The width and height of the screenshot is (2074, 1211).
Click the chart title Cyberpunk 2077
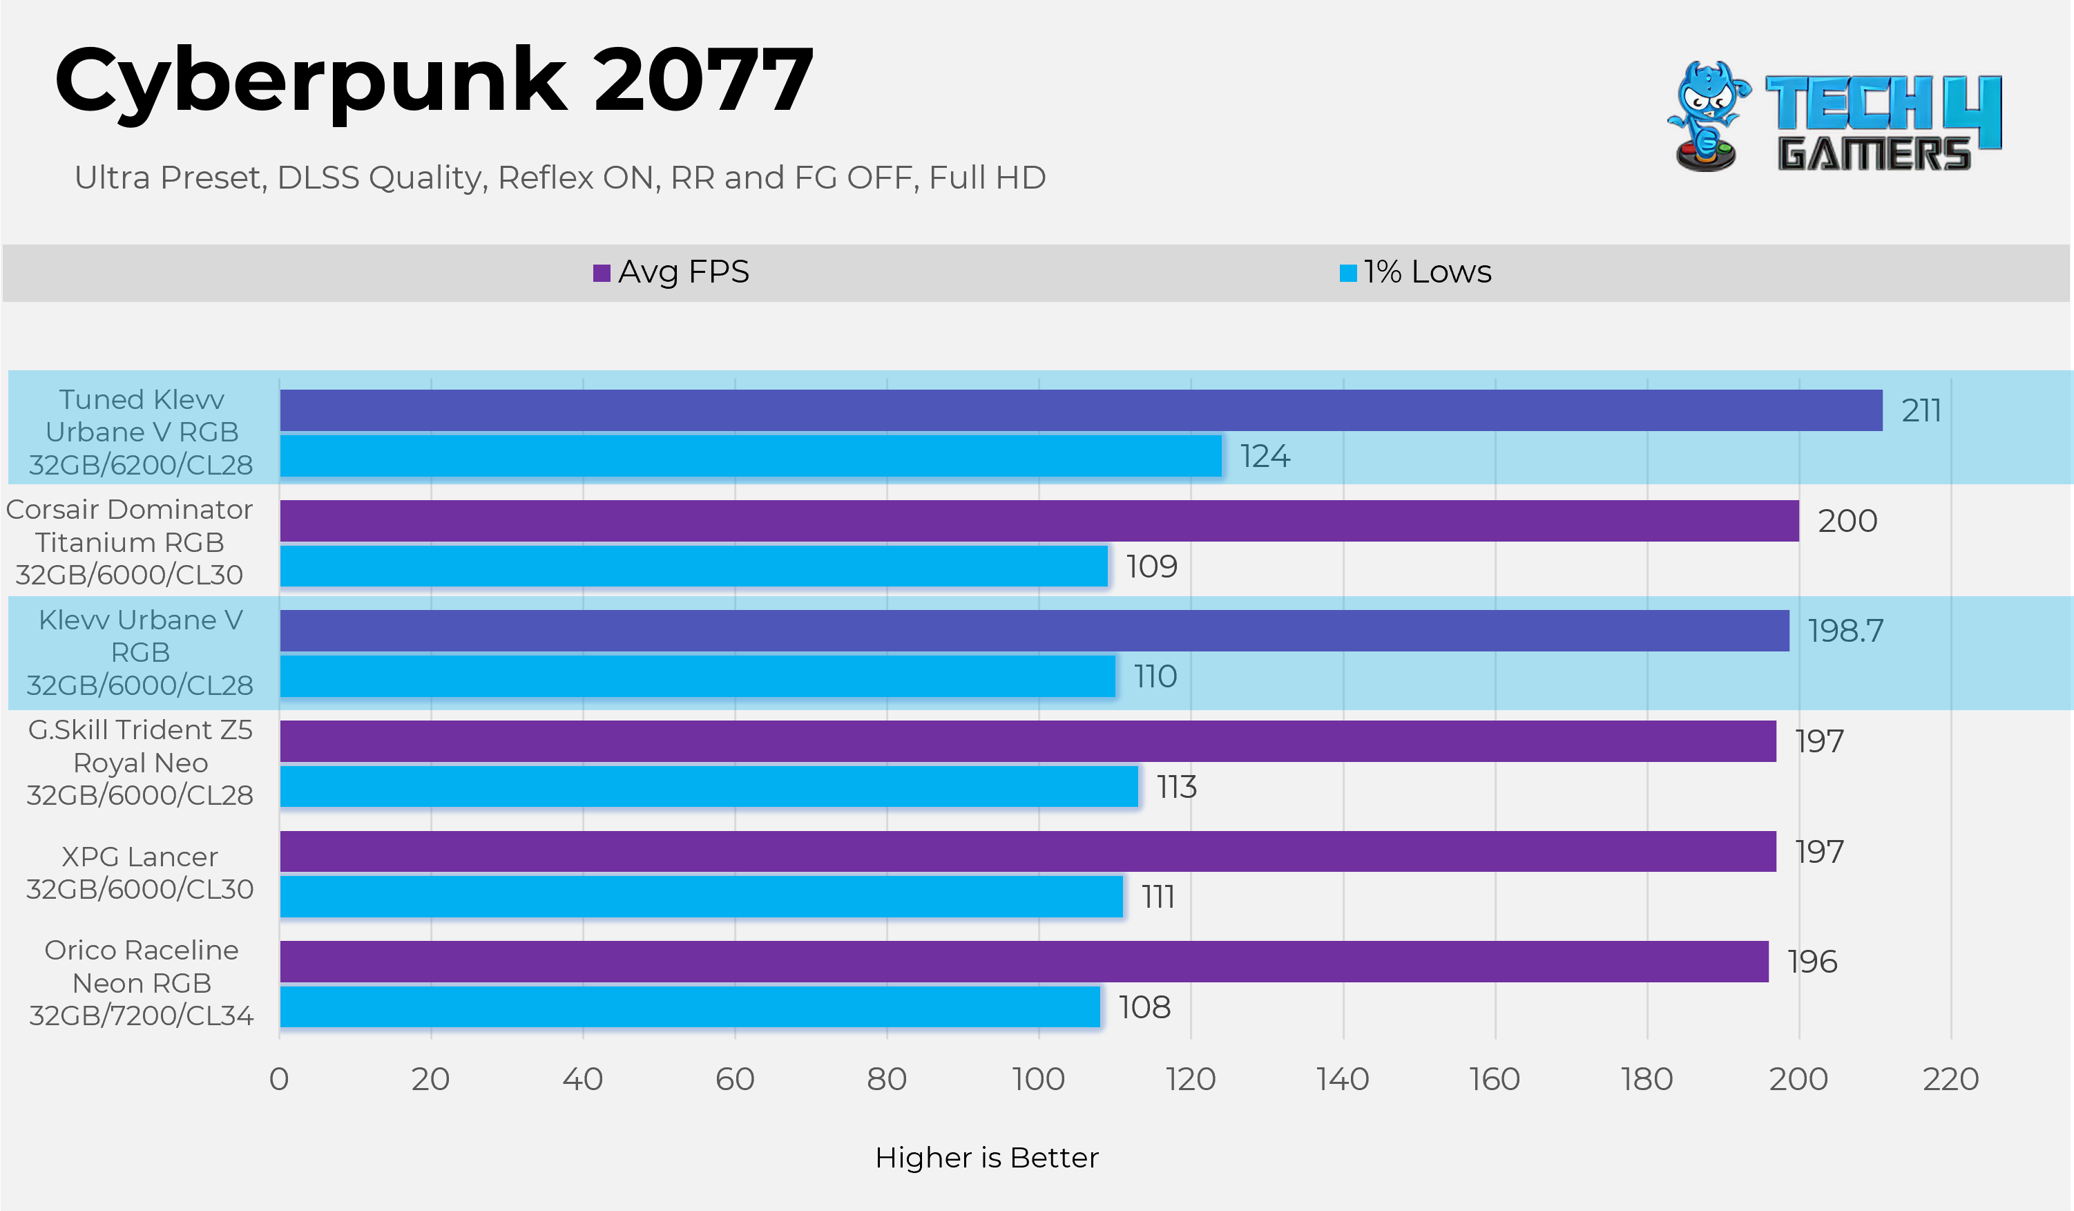[434, 81]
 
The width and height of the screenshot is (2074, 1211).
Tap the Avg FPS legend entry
[671, 271]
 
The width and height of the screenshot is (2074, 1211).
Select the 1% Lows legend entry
[1416, 271]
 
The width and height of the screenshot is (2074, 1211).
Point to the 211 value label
[1921, 410]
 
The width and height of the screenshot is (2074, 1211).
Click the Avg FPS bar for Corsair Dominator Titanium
[1039, 520]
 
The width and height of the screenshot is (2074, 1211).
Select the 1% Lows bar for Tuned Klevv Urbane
[751, 456]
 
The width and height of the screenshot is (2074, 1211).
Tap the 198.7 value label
[1845, 631]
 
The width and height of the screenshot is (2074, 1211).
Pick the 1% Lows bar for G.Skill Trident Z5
[709, 786]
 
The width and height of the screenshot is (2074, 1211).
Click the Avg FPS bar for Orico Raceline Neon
[1024, 961]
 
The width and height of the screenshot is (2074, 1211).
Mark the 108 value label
[1144, 1007]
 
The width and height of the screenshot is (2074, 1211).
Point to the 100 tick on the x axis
[1039, 1078]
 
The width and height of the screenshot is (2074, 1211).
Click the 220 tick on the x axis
[1950, 1078]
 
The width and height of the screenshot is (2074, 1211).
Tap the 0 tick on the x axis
[279, 1078]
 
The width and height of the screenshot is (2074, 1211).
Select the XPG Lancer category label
[140, 873]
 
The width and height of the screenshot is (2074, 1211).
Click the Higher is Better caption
[987, 1158]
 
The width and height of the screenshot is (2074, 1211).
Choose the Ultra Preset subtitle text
[559, 178]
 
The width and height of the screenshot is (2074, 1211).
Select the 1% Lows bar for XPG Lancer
[701, 896]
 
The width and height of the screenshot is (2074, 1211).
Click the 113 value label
[1176, 787]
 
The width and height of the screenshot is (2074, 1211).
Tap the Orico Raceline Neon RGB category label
[142, 982]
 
